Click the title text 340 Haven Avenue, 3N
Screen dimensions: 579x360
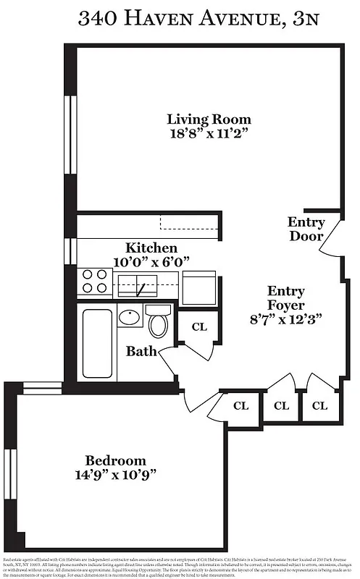[180, 19]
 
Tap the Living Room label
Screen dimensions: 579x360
[209, 119]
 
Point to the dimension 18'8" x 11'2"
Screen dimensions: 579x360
[209, 134]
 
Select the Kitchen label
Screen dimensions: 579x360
[151, 248]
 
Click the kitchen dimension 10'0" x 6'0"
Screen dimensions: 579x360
[151, 261]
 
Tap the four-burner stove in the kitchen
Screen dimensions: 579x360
[96, 281]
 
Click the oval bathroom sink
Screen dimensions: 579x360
[129, 318]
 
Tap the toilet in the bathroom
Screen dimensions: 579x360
[157, 322]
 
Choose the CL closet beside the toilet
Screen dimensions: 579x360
[198, 327]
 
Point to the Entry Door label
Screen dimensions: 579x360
[306, 229]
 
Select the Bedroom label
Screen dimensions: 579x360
[115, 460]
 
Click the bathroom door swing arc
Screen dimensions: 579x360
[168, 360]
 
